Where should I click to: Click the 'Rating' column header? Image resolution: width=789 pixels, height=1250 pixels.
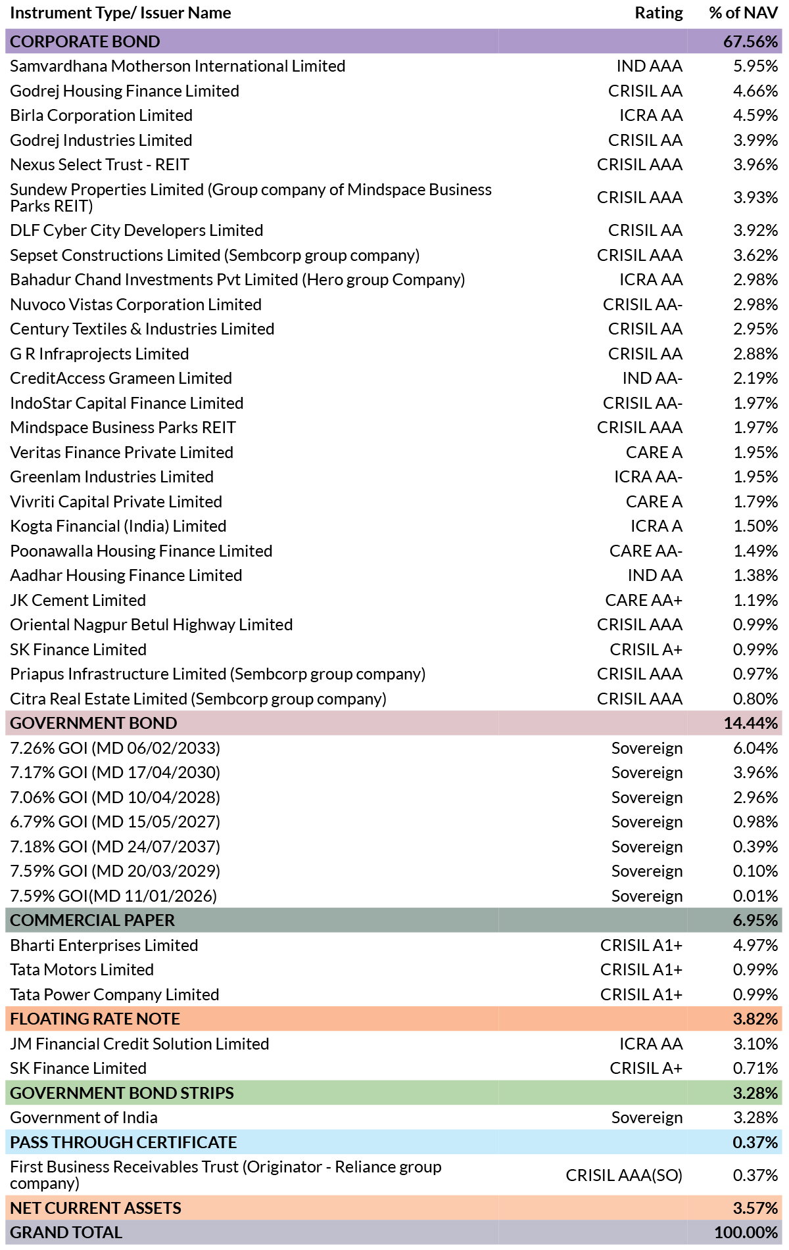(x=658, y=13)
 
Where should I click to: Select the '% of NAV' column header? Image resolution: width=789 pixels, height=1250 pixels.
(x=744, y=13)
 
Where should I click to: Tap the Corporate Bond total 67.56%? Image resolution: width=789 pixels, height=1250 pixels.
(x=751, y=41)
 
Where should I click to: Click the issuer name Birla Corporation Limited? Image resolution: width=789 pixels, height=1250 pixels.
(x=101, y=116)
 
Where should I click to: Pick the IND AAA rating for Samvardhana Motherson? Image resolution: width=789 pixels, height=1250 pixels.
(x=650, y=66)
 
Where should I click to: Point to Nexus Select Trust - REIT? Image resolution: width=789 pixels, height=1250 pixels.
(x=99, y=165)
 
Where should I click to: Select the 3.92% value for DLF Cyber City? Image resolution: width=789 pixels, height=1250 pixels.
(x=755, y=231)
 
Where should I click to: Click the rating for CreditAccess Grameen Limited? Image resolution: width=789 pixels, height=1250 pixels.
(x=652, y=379)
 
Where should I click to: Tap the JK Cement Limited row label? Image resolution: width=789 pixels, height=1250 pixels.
(x=78, y=601)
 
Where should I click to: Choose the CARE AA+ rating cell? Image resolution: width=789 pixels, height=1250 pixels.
(x=644, y=601)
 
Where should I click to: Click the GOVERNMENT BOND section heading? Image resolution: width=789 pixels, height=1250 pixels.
(x=93, y=724)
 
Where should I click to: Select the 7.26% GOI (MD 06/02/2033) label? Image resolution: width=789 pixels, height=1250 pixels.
(x=115, y=749)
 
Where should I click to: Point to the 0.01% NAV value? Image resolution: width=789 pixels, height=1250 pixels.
(x=755, y=896)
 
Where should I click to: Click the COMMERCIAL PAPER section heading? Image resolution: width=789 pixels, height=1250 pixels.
(x=93, y=921)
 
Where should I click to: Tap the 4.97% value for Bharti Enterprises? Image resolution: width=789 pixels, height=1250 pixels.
(x=755, y=946)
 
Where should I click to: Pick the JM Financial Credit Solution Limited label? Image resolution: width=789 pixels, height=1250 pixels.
(x=139, y=1044)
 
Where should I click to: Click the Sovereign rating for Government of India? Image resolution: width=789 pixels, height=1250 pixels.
(x=647, y=1118)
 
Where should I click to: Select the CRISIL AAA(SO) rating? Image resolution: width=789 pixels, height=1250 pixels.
(x=624, y=1175)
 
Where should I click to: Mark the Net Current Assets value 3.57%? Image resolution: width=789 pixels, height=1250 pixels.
(x=755, y=1209)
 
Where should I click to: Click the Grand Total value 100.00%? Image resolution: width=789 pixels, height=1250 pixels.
(x=746, y=1233)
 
